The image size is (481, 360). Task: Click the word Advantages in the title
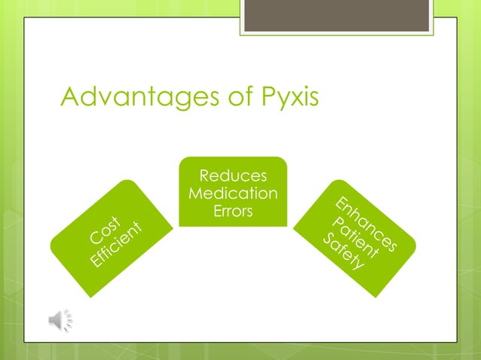(133, 97)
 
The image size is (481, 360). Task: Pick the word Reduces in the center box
(232, 177)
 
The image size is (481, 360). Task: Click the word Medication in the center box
(232, 194)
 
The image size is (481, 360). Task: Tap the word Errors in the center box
(232, 212)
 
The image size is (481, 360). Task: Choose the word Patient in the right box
(356, 235)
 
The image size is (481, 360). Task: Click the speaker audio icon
(60, 320)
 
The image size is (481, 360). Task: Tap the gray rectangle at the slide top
(336, 15)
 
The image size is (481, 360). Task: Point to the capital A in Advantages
(70, 97)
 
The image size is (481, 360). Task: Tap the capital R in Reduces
(203, 177)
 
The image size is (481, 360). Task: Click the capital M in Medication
(195, 194)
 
